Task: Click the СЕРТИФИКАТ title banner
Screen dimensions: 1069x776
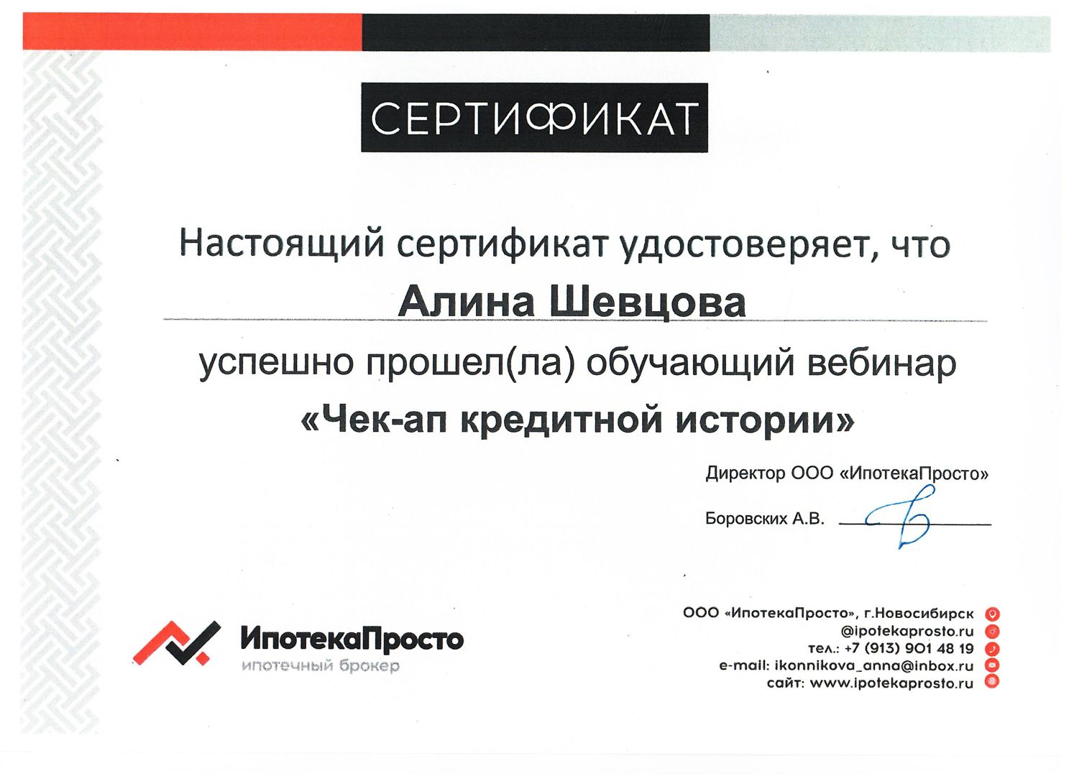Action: coord(534,117)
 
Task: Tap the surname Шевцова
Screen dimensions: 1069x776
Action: coord(648,303)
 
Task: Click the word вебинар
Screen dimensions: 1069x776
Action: coord(882,364)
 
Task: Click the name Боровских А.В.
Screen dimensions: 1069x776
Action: coord(764,519)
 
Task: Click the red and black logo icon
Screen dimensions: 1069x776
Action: coord(177,642)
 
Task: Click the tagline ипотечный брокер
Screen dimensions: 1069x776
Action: coord(320,666)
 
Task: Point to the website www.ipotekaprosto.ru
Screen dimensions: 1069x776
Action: coord(891,683)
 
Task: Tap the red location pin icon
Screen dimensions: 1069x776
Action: coord(992,614)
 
